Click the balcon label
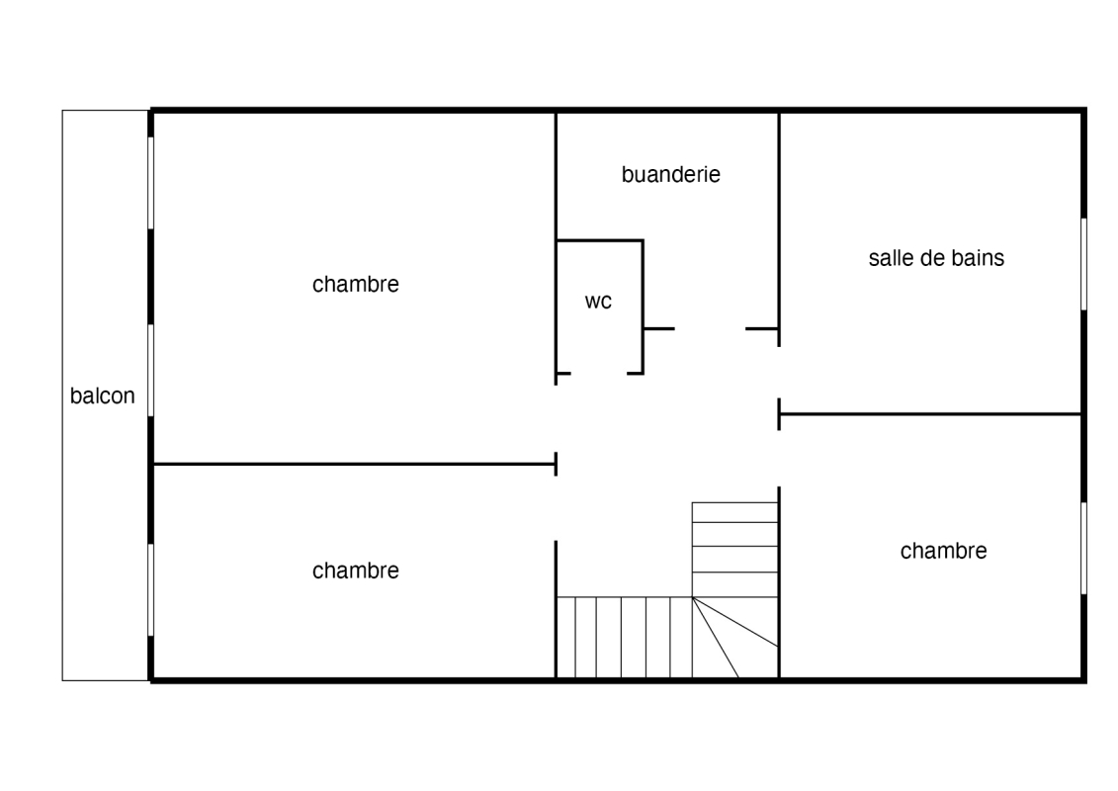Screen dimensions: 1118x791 pyautogui.click(x=102, y=395)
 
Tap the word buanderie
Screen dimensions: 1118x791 pyautogui.click(x=671, y=174)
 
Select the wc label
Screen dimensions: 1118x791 pyautogui.click(x=598, y=302)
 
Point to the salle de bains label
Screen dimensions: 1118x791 pyautogui.click(x=936, y=257)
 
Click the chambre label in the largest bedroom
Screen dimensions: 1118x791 pyautogui.click(x=356, y=284)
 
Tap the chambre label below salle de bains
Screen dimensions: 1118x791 pyautogui.click(x=943, y=551)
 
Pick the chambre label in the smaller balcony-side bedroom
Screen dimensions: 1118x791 pyautogui.click(x=356, y=570)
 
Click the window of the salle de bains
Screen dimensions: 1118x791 pyautogui.click(x=1083, y=264)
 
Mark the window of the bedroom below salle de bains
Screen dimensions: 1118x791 pyautogui.click(x=1083, y=548)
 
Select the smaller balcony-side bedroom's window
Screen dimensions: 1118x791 pyautogui.click(x=151, y=590)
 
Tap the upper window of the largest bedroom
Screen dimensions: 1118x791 pyautogui.click(x=151, y=183)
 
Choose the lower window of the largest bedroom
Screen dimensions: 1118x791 pyautogui.click(x=151, y=370)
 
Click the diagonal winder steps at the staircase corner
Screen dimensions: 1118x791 pyautogui.click(x=735, y=637)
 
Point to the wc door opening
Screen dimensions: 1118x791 pyautogui.click(x=599, y=373)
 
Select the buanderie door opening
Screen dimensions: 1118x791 pyautogui.click(x=710, y=329)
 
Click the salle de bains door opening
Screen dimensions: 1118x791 pyautogui.click(x=779, y=373)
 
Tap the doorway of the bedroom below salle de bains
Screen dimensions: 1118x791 pyautogui.click(x=779, y=459)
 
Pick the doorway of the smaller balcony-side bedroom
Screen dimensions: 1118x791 pyautogui.click(x=557, y=508)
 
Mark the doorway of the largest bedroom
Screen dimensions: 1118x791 pyautogui.click(x=557, y=418)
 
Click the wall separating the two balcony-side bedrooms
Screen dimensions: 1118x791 pyautogui.click(x=354, y=465)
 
